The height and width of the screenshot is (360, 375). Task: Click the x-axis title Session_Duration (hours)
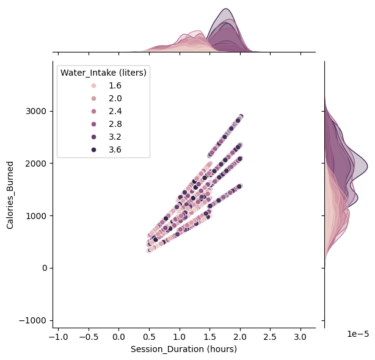pyautogui.click(x=184, y=350)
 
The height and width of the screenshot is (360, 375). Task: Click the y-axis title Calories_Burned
pyautogui.click(x=10, y=195)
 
